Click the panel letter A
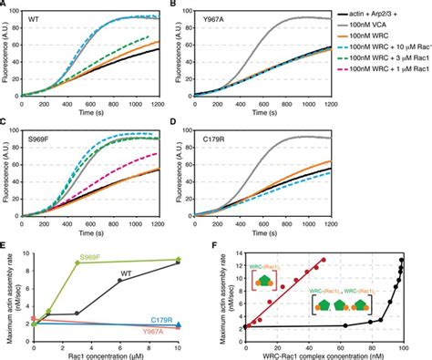(x=5, y=5)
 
